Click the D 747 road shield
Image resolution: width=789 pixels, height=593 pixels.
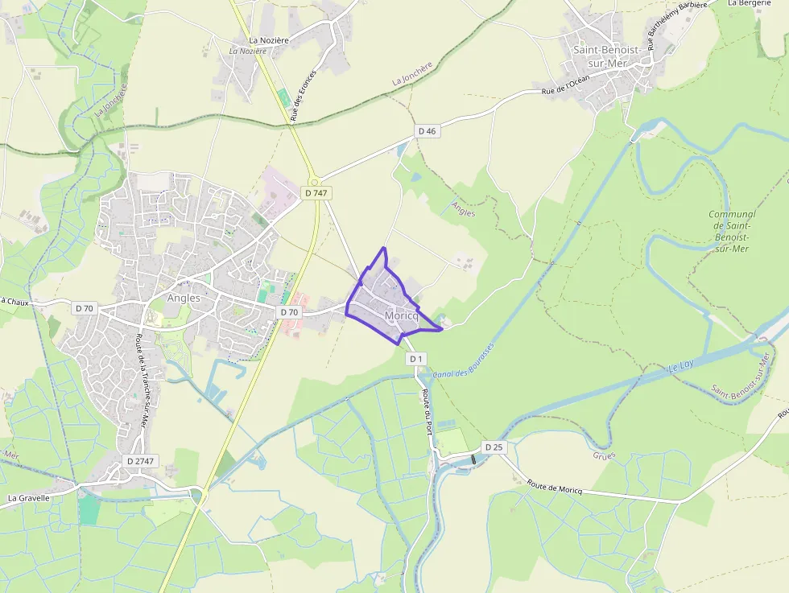pos(316,193)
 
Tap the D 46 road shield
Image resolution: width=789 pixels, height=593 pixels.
pos(428,131)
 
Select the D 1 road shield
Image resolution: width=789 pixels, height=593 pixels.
pos(415,358)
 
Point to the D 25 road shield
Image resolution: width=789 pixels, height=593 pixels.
pos(494,447)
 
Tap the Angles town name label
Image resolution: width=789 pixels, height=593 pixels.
pos(184,298)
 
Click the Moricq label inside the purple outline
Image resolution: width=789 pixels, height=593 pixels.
pos(402,315)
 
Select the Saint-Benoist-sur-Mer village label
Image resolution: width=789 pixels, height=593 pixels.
pos(607,56)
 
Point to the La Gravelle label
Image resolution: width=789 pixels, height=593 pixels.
pos(29,498)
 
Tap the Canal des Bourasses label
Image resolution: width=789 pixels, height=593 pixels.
pos(463,362)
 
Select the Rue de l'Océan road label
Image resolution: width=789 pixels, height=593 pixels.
pos(566,85)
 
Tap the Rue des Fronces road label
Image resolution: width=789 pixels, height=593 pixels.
pos(304,95)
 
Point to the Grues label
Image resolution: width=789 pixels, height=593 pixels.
pos(604,455)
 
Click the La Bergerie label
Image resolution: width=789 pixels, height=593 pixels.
pos(749,3)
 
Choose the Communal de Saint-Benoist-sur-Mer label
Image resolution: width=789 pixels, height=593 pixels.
pos(732,231)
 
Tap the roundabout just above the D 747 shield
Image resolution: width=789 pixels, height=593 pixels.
pos(315,181)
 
